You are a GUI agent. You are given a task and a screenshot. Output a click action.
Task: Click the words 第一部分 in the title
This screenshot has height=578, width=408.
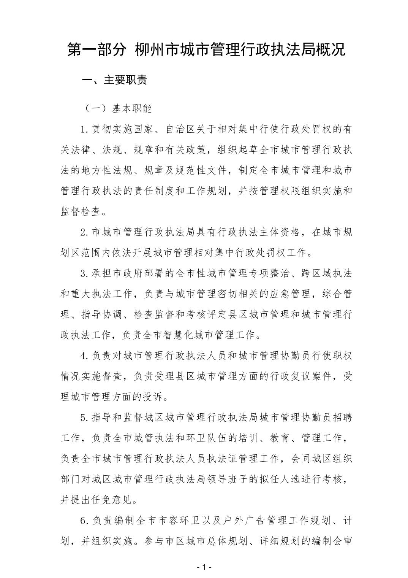tap(96, 50)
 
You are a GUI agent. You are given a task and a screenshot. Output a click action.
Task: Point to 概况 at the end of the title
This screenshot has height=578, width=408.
tap(331, 50)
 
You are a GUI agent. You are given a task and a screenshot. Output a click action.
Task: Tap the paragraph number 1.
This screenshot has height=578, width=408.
tap(84, 130)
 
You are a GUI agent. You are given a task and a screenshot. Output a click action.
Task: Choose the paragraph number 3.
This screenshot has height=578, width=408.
tap(84, 273)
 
